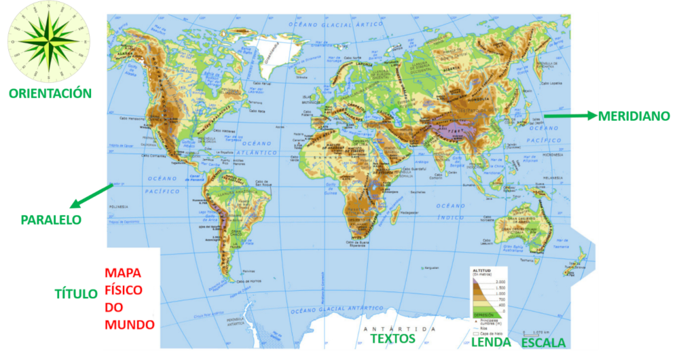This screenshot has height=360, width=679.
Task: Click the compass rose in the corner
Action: click(48, 41)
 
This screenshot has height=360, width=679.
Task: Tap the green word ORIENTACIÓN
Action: click(50, 93)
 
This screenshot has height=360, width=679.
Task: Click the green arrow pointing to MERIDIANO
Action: click(570, 116)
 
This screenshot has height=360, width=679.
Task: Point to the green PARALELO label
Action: click(51, 220)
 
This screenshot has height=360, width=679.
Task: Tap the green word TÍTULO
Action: click(76, 293)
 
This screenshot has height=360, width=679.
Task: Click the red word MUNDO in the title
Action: click(130, 324)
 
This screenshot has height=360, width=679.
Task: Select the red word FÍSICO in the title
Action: click(124, 290)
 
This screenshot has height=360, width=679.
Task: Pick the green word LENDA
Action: click(491, 342)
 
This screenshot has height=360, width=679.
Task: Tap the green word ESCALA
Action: click(543, 342)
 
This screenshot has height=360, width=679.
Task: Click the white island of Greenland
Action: click(270, 51)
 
